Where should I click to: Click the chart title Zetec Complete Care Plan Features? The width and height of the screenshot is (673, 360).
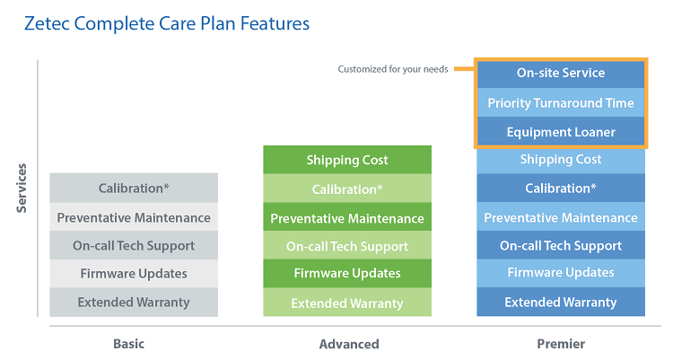pos(167,23)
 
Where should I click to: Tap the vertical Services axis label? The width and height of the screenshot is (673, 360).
pos(22,189)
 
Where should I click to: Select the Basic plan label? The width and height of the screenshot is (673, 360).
pos(128,344)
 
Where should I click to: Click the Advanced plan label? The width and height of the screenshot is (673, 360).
pos(349,344)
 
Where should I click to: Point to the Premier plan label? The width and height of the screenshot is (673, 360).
pos(561,344)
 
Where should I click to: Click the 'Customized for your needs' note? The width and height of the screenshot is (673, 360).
pos(393,69)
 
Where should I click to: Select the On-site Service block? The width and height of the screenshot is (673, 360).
pos(561,74)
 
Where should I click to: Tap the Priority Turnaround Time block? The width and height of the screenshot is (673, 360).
pos(561,102)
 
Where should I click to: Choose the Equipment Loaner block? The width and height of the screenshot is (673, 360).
pos(561,131)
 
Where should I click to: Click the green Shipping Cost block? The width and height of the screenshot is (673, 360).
pos(347,160)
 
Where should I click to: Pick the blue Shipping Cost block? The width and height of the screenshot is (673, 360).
pos(561,160)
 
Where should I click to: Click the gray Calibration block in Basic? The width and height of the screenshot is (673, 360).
pos(134,188)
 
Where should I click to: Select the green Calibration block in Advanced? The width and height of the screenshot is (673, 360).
pos(347,189)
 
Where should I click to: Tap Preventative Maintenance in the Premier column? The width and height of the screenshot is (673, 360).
pos(561,216)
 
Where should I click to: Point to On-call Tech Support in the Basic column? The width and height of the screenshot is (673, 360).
pos(134,245)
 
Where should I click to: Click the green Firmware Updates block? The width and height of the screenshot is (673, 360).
pos(347,273)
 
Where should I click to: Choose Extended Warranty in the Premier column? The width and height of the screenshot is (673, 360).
pos(561,302)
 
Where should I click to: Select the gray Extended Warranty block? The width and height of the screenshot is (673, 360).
pos(134,302)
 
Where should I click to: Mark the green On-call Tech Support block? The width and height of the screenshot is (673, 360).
pos(347,245)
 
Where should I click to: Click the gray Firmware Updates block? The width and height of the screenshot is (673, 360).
pos(134,273)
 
